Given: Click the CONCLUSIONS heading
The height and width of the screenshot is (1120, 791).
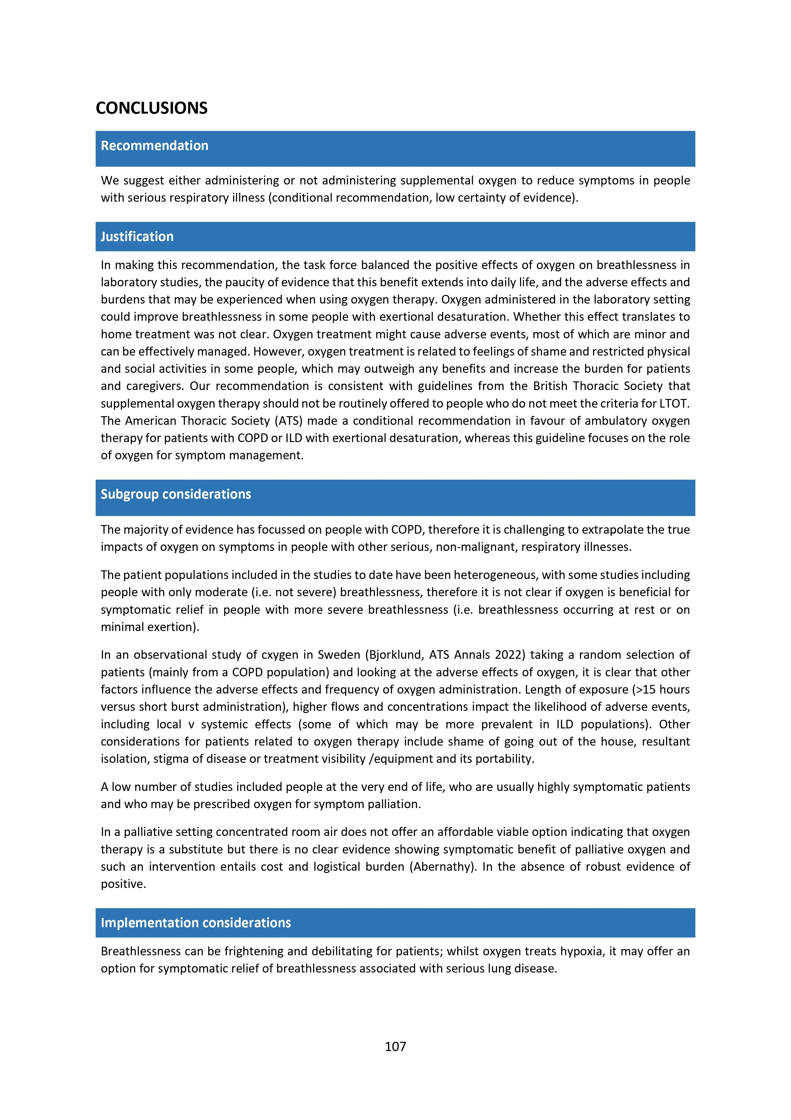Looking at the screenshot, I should pos(151,108).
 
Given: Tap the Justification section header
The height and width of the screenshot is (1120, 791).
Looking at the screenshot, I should pos(137,237).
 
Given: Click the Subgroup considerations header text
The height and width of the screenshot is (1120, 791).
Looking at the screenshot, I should pos(176,494).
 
